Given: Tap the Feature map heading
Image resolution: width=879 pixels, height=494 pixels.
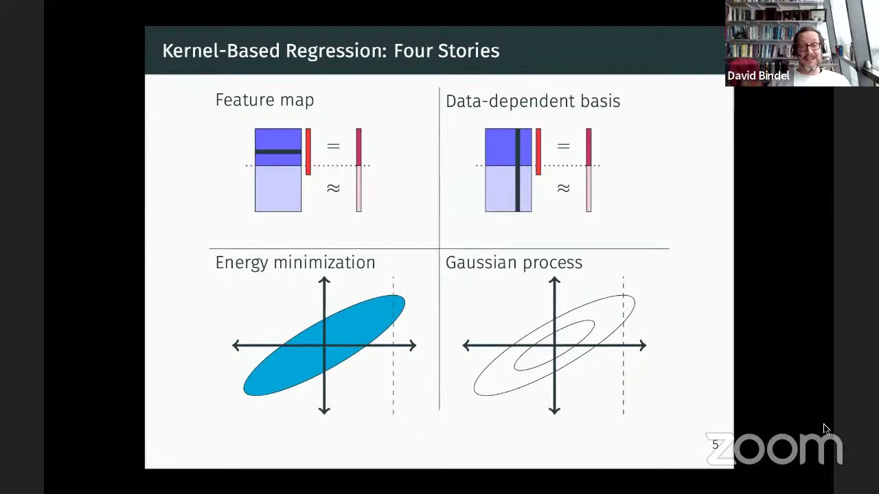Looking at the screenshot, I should (264, 100).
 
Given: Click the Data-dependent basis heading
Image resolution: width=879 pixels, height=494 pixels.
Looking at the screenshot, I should (532, 102).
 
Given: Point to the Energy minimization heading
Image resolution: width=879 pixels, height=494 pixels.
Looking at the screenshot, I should (295, 263).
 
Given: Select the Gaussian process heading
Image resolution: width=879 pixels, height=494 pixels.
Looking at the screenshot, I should (514, 263).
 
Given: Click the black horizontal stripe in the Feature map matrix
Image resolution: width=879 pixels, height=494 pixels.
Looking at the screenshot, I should (277, 152).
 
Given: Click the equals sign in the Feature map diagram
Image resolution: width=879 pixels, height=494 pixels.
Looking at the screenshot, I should (333, 146).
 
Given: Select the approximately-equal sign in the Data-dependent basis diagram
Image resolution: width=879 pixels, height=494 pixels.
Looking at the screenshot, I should (563, 188).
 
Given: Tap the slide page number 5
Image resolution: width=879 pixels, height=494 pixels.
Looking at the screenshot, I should (715, 445).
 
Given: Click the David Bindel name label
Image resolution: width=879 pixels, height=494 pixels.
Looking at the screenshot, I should (758, 76).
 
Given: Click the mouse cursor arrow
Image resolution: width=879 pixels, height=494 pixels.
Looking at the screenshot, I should (826, 429).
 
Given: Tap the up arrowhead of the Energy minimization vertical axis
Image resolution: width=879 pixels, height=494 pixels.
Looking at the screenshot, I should (324, 281).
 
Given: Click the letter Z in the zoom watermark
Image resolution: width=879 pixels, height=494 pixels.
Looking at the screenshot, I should (721, 449).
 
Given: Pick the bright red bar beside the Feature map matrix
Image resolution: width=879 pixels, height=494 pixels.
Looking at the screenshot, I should (308, 151).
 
